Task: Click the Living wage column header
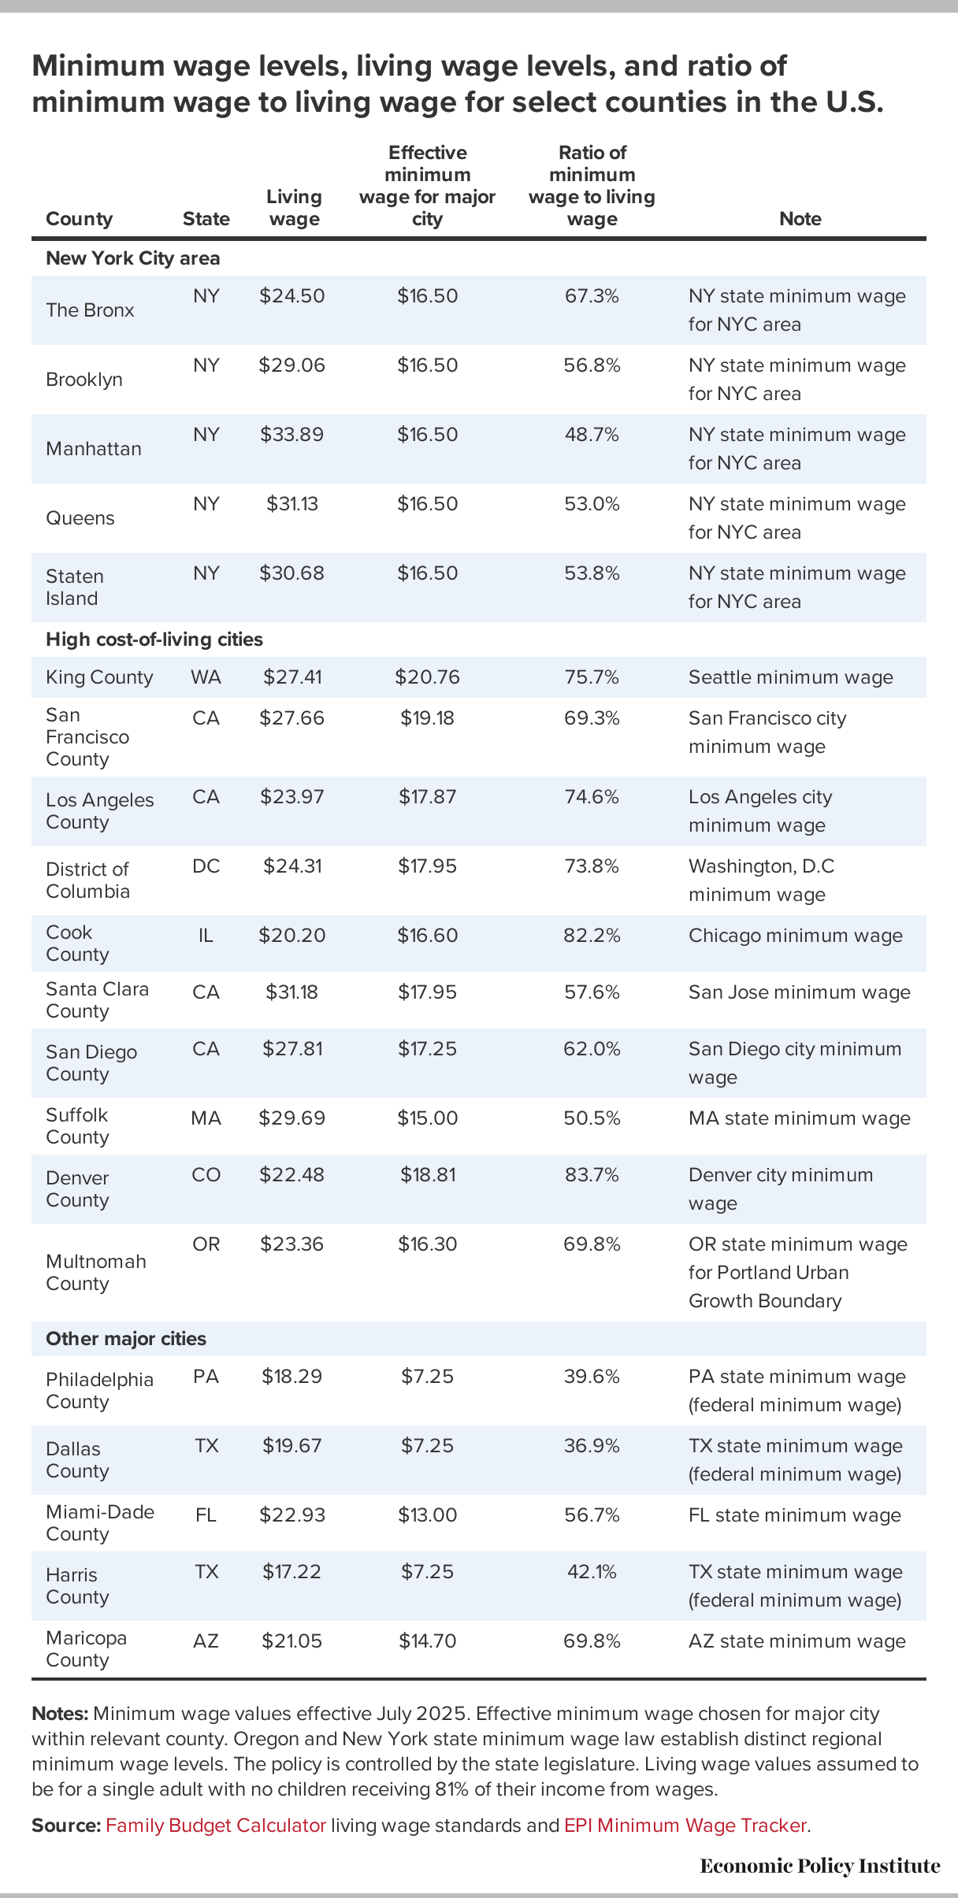[x=294, y=208]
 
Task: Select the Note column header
[x=800, y=219]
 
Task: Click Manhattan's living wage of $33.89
[x=292, y=435]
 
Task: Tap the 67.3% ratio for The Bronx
[x=592, y=296]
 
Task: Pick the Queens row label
[x=80, y=518]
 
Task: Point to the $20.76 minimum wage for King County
[x=427, y=677]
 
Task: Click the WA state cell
[x=206, y=677]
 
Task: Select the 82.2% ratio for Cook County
[x=592, y=936]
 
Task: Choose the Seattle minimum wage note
[x=790, y=677]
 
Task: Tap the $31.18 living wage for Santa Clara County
[x=292, y=992]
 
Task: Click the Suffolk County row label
[x=77, y=1126]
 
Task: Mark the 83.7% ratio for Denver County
[x=592, y=1175]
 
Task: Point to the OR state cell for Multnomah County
[x=206, y=1244]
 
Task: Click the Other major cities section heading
[x=126, y=1339]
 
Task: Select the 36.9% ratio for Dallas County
[x=592, y=1446]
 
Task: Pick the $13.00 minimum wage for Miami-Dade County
[x=427, y=1515]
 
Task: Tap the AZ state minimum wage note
[x=796, y=1641]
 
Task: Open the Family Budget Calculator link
[x=216, y=1826]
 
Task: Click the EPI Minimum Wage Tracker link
[x=685, y=1826]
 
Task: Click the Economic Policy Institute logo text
[x=819, y=1866]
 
